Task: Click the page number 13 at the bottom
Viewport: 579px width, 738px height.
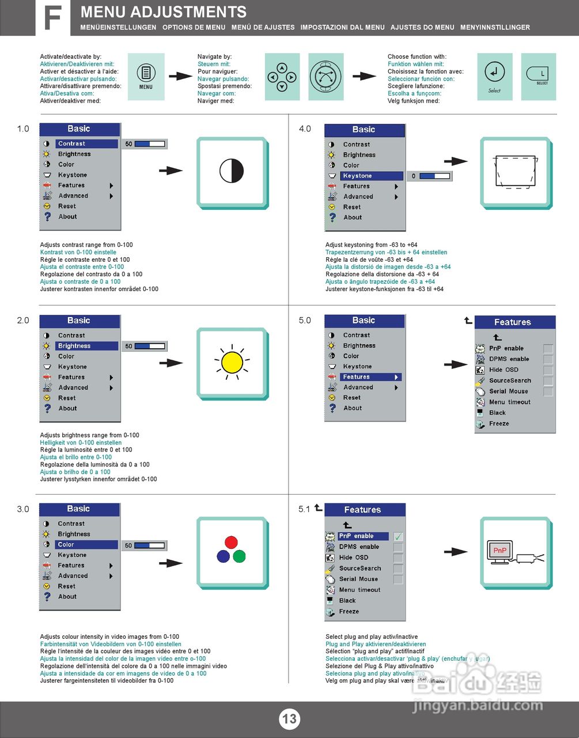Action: tap(289, 718)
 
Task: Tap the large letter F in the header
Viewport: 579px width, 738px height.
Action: tap(52, 18)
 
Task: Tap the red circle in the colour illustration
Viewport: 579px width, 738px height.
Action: tap(231, 542)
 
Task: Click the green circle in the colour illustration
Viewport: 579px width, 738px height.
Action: tap(239, 556)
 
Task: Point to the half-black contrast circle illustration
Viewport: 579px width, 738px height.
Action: tap(232, 171)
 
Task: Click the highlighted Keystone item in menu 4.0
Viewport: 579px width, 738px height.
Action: tap(364, 176)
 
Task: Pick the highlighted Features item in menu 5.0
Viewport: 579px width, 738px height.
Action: tap(364, 377)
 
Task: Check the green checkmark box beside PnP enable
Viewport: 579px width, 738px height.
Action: tap(398, 536)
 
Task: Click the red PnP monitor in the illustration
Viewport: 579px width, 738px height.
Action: tap(499, 551)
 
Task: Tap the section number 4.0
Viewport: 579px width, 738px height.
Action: tap(305, 129)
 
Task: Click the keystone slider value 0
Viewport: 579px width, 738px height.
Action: tap(414, 176)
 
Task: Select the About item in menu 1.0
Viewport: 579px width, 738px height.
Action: tap(67, 217)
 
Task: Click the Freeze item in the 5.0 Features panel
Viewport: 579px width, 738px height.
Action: tap(499, 424)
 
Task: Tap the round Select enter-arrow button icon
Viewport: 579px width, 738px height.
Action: tap(494, 73)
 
